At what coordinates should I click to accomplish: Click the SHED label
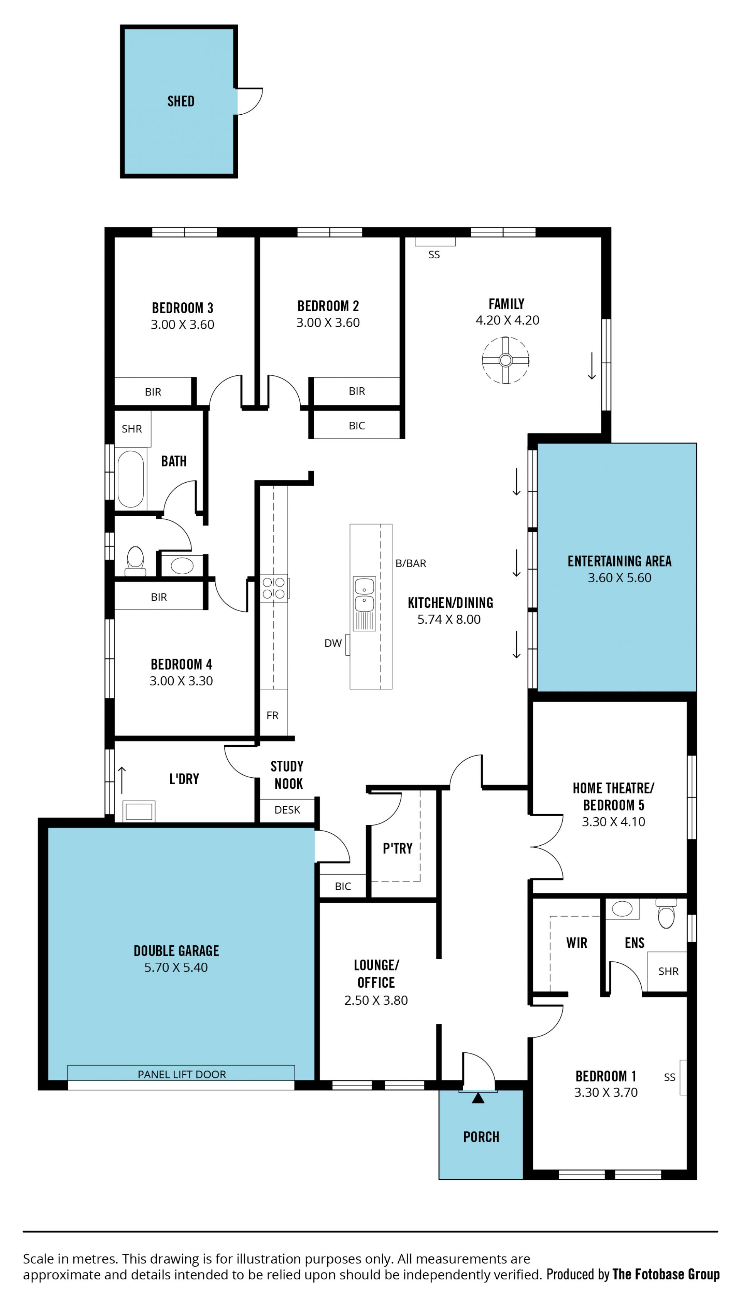tap(181, 101)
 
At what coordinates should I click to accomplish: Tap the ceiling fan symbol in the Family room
tap(505, 360)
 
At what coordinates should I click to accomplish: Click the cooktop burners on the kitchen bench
tap(274, 588)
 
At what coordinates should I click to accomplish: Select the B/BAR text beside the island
tap(411, 563)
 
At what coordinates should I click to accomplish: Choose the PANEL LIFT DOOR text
tap(182, 1074)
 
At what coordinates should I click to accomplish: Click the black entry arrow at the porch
tap(478, 1098)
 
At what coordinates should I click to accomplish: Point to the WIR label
tap(577, 943)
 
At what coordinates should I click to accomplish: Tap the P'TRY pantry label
tap(398, 848)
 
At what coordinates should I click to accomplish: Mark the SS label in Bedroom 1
tap(670, 1077)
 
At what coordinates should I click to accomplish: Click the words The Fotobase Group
tap(666, 1274)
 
